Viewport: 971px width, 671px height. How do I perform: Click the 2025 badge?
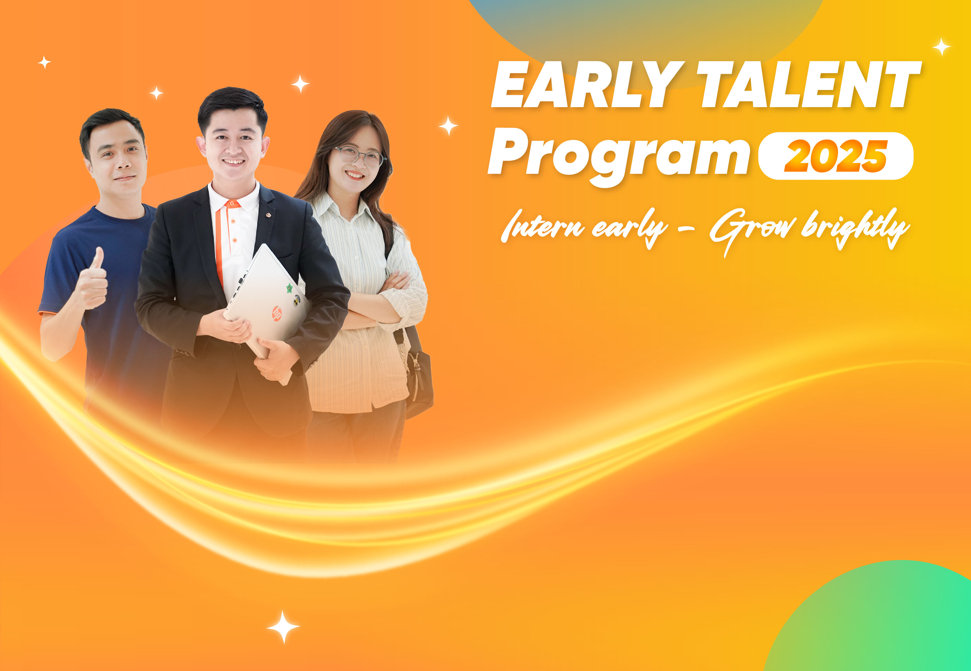[x=836, y=156]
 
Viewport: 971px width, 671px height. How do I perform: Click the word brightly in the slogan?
[x=855, y=229]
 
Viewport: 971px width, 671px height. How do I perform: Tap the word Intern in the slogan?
[x=543, y=227]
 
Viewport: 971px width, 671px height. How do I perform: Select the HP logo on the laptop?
[x=277, y=314]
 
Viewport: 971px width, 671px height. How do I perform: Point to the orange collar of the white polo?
[x=232, y=204]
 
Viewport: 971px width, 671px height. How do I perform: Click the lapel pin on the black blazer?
[x=268, y=215]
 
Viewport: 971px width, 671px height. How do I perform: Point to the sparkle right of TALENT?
[x=942, y=47]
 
